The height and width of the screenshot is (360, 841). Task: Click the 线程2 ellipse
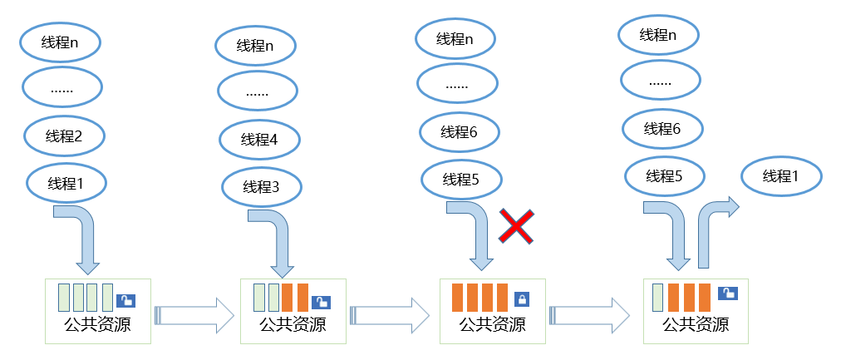(x=63, y=136)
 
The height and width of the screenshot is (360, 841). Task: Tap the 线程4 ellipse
(x=259, y=139)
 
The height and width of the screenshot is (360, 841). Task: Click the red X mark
(x=515, y=226)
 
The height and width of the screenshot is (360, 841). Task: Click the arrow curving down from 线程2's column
(x=82, y=237)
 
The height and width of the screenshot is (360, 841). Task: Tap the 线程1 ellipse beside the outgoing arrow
(x=780, y=176)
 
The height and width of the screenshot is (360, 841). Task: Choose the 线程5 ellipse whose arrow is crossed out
(x=461, y=179)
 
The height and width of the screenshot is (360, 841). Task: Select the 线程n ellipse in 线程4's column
(x=255, y=46)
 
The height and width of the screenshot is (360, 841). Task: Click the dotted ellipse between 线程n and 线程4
(x=258, y=91)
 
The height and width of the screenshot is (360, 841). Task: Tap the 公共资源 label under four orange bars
(x=493, y=324)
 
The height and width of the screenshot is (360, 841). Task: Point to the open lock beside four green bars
(x=125, y=300)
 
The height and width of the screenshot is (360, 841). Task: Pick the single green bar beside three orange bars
(x=659, y=298)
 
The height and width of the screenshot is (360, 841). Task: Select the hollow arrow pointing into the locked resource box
(x=389, y=315)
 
